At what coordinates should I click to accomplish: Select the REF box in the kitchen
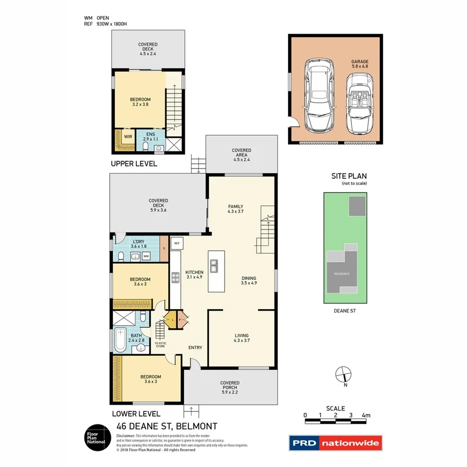tap(176, 243)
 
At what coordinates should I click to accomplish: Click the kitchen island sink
tap(214, 265)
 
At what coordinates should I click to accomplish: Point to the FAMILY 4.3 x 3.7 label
tap(236, 209)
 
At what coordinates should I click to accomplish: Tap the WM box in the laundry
tap(146, 257)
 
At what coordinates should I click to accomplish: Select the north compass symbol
tap(342, 374)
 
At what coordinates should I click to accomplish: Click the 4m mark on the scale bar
tap(366, 415)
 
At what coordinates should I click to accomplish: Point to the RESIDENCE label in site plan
tap(342, 274)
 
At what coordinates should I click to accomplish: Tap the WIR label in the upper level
tap(128, 136)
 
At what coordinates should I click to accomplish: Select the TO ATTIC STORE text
tap(160, 344)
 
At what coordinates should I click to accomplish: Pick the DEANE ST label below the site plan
tap(344, 311)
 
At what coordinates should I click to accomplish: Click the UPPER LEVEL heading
tap(134, 164)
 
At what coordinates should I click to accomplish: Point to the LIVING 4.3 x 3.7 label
tap(242, 338)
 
